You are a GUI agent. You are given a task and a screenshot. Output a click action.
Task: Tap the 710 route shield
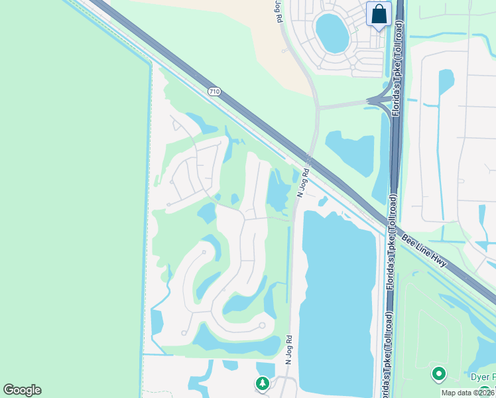click(213, 91)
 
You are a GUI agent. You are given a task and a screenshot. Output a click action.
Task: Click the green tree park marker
click(263, 383)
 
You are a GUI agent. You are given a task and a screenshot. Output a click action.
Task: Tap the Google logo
click(22, 390)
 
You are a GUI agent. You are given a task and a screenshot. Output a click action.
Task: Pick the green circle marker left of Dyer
click(438, 374)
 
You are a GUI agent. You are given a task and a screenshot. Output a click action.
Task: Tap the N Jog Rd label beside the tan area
click(277, 13)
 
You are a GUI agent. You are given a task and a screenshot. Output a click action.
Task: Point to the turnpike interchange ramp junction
click(381, 100)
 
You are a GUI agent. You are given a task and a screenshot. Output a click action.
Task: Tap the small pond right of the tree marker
click(266, 369)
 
